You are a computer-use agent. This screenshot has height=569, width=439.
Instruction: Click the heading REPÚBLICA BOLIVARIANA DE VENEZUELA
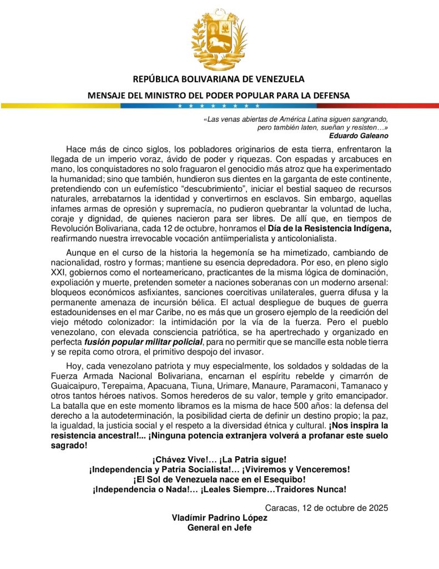[x=219, y=79]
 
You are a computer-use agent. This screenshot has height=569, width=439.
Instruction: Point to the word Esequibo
[x=280, y=479]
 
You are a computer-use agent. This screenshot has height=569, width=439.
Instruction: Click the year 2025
[x=377, y=508]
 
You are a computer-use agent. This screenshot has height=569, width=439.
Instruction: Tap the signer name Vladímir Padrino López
[x=219, y=517]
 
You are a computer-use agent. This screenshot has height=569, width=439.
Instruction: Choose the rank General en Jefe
[x=219, y=527]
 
